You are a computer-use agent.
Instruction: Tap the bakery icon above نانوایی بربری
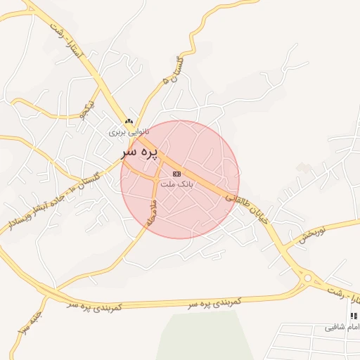[x=129, y=122]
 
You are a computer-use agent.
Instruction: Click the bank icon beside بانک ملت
[x=176, y=173]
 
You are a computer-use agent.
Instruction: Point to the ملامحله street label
[x=150, y=210]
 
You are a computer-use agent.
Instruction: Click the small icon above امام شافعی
[x=354, y=316]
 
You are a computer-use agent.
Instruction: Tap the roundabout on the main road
[x=307, y=279]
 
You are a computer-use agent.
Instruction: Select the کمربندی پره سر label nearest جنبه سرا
[x=95, y=307]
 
